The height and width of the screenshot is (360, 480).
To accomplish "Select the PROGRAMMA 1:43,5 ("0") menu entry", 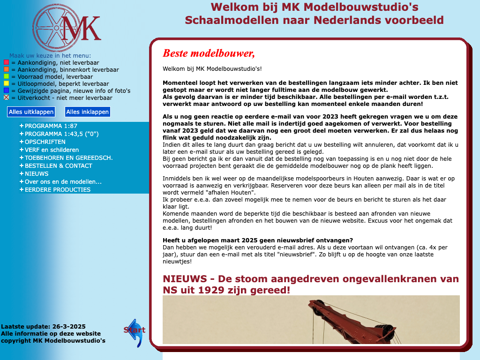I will tap(61, 134).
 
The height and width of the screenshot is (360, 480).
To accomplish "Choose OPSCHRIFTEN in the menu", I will tap(45, 142).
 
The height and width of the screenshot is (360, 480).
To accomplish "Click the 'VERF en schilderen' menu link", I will tap(52, 150).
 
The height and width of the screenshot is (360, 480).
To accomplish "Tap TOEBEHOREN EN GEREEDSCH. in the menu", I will tap(68, 158).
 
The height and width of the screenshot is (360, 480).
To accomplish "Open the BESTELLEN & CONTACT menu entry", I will tap(58, 166).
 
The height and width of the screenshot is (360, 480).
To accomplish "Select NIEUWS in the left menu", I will tap(37, 174).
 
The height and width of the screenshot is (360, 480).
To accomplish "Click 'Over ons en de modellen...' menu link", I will tap(63, 182).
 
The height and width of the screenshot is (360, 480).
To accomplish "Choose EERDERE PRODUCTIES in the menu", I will tap(57, 190).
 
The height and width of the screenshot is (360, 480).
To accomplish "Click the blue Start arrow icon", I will tap(135, 332).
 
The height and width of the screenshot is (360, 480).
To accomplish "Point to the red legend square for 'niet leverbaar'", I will tap(6, 62).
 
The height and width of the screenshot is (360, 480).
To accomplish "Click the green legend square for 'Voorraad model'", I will tap(6, 76).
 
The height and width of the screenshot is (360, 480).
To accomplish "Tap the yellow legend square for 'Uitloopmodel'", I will tap(6, 83).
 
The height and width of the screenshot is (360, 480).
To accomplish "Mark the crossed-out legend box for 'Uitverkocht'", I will tap(6, 97).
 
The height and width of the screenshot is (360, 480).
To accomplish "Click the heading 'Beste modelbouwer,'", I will tap(209, 53).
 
